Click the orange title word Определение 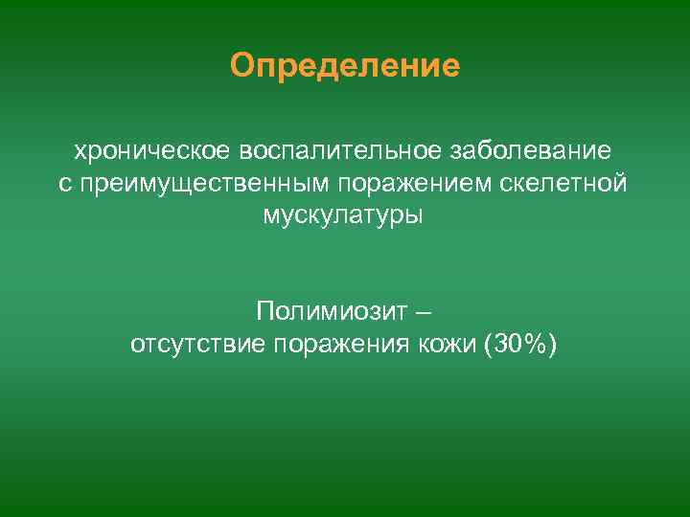[345, 66]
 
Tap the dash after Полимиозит [425, 313]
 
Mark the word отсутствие [197, 344]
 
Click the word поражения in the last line [343, 344]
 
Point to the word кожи [447, 344]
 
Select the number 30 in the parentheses [506, 344]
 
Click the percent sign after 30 [534, 344]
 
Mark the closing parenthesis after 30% [551, 344]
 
